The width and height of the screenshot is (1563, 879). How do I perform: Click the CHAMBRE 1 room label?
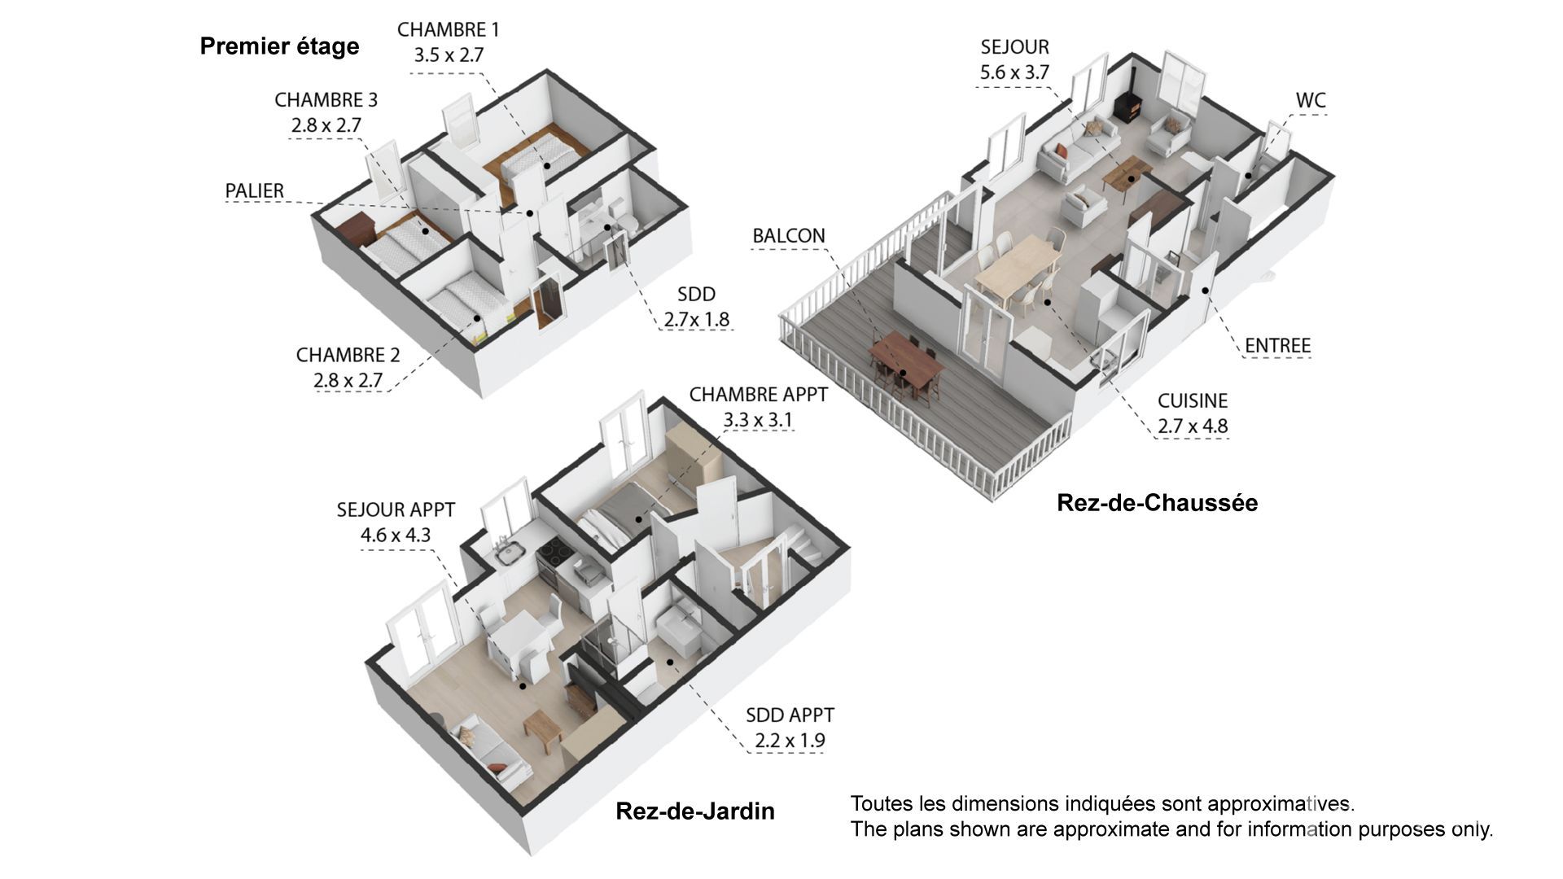pyautogui.click(x=448, y=30)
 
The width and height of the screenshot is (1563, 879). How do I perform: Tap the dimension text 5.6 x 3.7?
pyautogui.click(x=1014, y=72)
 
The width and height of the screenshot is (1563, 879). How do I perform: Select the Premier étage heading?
pyautogui.click(x=279, y=46)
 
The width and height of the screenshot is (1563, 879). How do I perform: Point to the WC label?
pyautogui.click(x=1311, y=100)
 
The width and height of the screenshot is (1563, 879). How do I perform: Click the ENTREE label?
pyautogui.click(x=1278, y=345)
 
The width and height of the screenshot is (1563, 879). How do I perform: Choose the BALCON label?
pyautogui.click(x=789, y=235)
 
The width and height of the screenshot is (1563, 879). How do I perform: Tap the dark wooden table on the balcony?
pyautogui.click(x=906, y=361)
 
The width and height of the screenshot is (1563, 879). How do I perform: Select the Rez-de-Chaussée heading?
pyautogui.click(x=1157, y=503)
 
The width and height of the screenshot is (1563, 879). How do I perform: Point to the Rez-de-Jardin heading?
pyautogui.click(x=695, y=811)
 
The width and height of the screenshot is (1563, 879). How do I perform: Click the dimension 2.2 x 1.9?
pyautogui.click(x=790, y=741)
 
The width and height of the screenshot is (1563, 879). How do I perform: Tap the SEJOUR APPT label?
pyautogui.click(x=396, y=509)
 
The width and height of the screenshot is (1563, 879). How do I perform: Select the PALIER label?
pyautogui.click(x=255, y=190)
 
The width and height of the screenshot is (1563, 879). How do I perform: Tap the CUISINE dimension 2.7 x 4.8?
pyautogui.click(x=1193, y=426)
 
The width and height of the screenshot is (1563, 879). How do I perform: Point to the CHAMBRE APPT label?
pyautogui.click(x=759, y=394)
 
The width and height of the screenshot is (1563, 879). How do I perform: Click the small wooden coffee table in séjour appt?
pyautogui.click(x=543, y=730)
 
